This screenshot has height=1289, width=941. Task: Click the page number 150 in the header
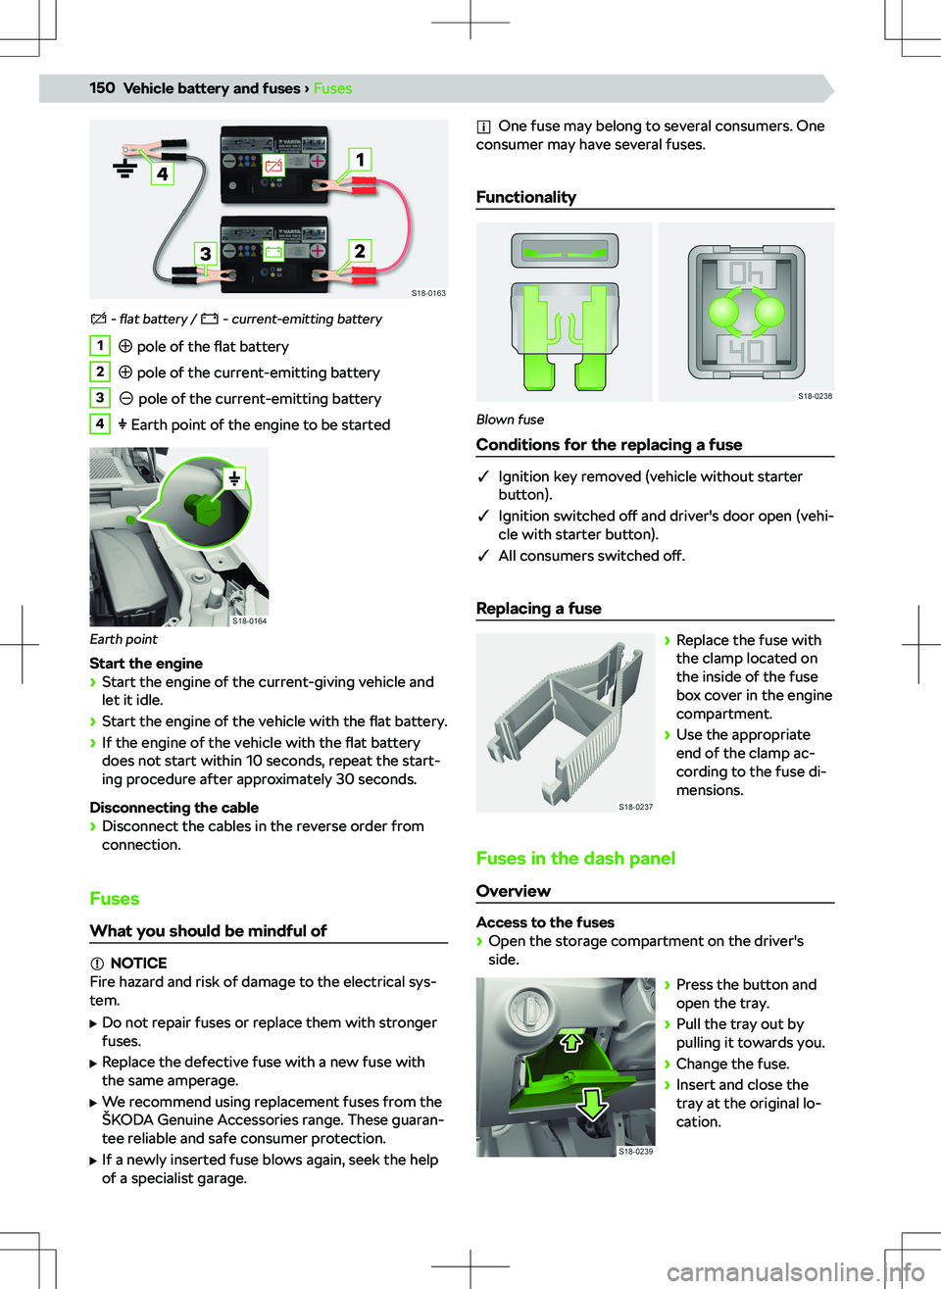[102, 88]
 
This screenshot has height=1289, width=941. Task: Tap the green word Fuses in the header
[332, 88]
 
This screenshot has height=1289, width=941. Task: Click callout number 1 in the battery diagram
[360, 159]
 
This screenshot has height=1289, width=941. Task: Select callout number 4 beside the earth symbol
[162, 174]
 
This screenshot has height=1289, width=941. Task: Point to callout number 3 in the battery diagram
[205, 253]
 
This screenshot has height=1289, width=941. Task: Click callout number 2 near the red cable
[360, 251]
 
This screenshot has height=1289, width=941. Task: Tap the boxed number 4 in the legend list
[100, 423]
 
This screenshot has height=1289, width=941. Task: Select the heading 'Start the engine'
[146, 664]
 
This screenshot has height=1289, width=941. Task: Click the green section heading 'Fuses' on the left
[115, 899]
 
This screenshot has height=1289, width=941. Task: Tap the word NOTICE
[138, 963]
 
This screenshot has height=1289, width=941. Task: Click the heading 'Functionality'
[526, 197]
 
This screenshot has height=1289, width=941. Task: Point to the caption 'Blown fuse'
[510, 420]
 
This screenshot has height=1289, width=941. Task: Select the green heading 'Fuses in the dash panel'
[575, 859]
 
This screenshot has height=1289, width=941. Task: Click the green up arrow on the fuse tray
[570, 1040]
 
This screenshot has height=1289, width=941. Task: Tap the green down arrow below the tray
[591, 1103]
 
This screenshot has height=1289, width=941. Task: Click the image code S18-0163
[428, 293]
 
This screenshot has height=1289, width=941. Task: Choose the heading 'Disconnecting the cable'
[174, 808]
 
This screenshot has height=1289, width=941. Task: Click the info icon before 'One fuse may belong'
[483, 126]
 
